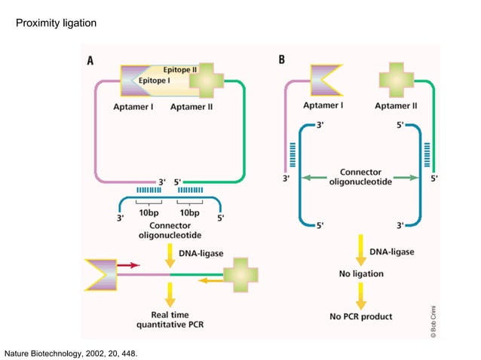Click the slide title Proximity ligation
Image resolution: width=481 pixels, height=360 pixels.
[56, 24]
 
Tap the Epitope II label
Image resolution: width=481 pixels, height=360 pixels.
[180, 69]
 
